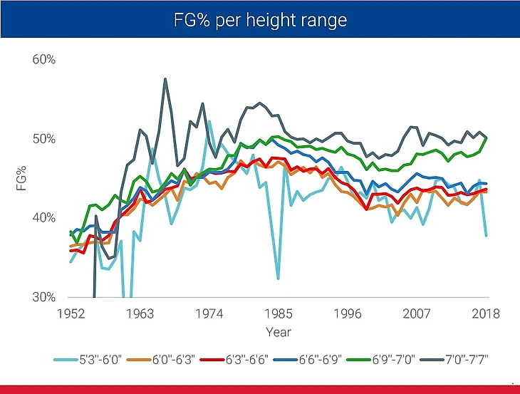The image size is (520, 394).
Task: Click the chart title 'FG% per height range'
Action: coord(260,19)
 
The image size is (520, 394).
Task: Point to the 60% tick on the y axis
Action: coord(43,59)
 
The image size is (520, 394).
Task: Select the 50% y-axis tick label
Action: coord(43,138)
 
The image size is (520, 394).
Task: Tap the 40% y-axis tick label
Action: coord(43,217)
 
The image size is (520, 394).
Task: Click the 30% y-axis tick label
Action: coord(43,297)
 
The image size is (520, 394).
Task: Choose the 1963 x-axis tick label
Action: coord(140,314)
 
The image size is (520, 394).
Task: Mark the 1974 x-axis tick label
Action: coord(209,314)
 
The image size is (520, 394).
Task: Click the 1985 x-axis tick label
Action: coord(279,314)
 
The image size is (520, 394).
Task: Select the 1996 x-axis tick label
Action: coord(348,314)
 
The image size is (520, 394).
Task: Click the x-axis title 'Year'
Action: coord(278,332)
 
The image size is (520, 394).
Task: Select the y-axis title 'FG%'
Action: coord(21,178)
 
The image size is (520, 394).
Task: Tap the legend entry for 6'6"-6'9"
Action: coord(330,359)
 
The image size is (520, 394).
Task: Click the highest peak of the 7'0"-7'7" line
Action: coord(165,79)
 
